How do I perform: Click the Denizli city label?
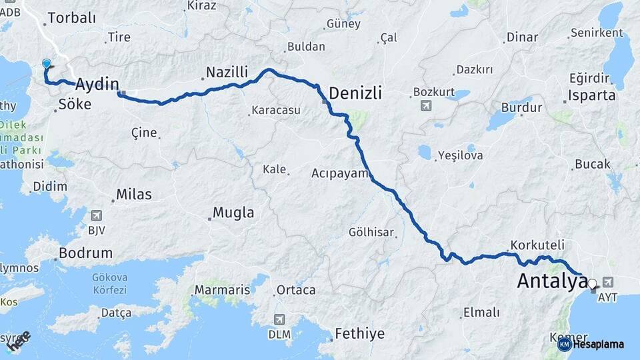pyautogui.click(x=355, y=93)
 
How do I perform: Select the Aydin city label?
pyautogui.click(x=97, y=84)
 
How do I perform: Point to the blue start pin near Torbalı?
pyautogui.click(x=47, y=64)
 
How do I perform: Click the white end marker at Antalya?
pyautogui.click(x=591, y=283)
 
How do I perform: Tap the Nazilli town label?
pyautogui.click(x=227, y=71)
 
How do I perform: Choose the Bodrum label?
pyautogui.click(x=85, y=253)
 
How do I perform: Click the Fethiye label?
pyautogui.click(x=360, y=333)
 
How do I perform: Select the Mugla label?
pyautogui.click(x=233, y=213)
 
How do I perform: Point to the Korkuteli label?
pyautogui.click(x=537, y=245)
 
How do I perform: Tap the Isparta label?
pyautogui.click(x=593, y=95)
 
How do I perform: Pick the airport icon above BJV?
pyautogui.click(x=97, y=216)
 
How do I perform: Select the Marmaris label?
pyautogui.click(x=222, y=290)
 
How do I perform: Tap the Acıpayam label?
pyautogui.click(x=340, y=173)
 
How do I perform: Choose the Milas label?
pyautogui.click(x=134, y=195)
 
